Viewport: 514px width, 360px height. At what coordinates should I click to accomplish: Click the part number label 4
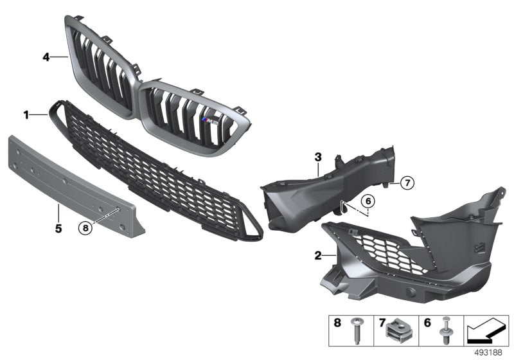(x=46, y=57)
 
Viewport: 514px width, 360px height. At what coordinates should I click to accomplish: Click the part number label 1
(x=26, y=115)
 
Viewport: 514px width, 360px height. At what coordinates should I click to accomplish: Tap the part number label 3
(x=317, y=156)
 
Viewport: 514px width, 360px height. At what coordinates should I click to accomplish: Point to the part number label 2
(x=317, y=255)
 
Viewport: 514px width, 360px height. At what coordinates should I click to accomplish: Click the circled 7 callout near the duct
(x=407, y=183)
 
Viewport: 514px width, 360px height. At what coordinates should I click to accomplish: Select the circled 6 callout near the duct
(x=367, y=201)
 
